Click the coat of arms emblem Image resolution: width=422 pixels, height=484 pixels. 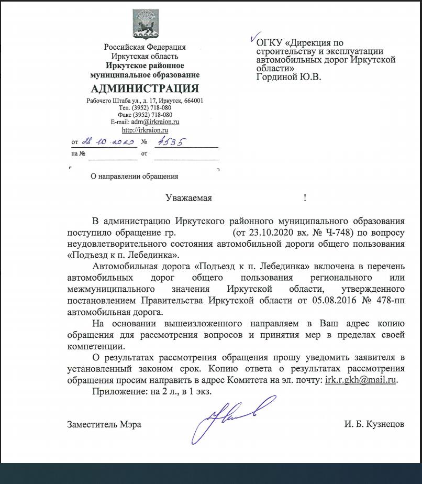pos(145,25)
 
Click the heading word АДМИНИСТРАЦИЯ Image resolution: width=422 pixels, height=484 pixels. pos(145,89)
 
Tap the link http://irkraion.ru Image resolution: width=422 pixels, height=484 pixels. pos(145,130)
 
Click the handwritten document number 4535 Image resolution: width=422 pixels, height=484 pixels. pos(173,141)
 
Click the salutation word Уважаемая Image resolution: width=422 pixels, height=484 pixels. pos(188,197)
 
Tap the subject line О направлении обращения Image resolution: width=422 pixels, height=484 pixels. pos(135,177)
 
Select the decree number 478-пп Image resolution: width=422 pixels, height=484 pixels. pos(388,301)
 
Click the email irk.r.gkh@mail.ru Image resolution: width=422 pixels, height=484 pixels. pos(360,380)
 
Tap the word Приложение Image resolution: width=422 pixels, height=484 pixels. pos(114,391)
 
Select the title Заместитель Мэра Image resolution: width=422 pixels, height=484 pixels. pos(104,424)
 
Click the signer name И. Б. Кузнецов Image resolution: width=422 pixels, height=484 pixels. pos(374,424)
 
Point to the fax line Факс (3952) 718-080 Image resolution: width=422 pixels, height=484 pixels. pos(145,115)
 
